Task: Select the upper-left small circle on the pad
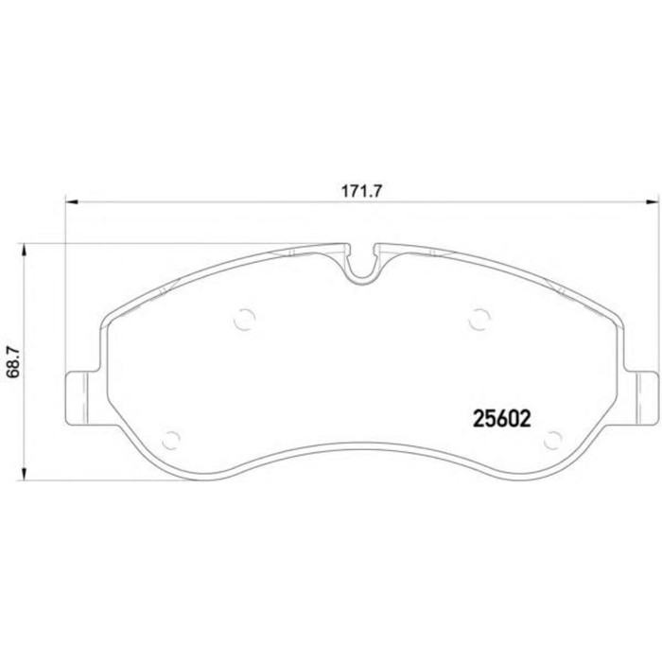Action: click(x=245, y=319)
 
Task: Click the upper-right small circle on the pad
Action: click(x=479, y=319)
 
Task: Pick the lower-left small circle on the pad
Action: click(x=171, y=438)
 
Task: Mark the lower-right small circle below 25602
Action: click(x=555, y=438)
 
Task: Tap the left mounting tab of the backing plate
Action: click(x=78, y=396)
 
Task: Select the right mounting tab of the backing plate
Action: click(x=643, y=396)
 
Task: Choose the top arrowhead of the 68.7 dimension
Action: click(x=24, y=251)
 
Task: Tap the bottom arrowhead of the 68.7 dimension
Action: click(x=24, y=478)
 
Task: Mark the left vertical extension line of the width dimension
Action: click(x=64, y=284)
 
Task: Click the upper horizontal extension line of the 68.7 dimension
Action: click(x=142, y=244)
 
